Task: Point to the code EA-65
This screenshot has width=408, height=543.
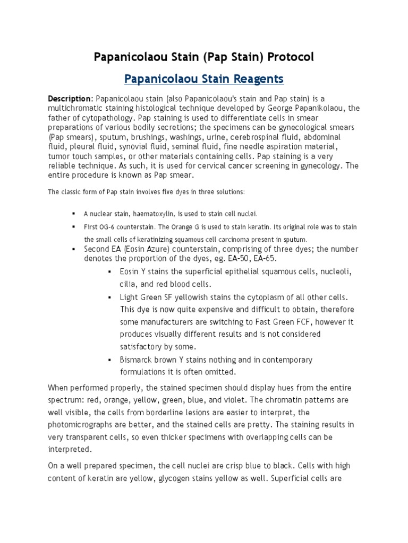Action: [x=264, y=258]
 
